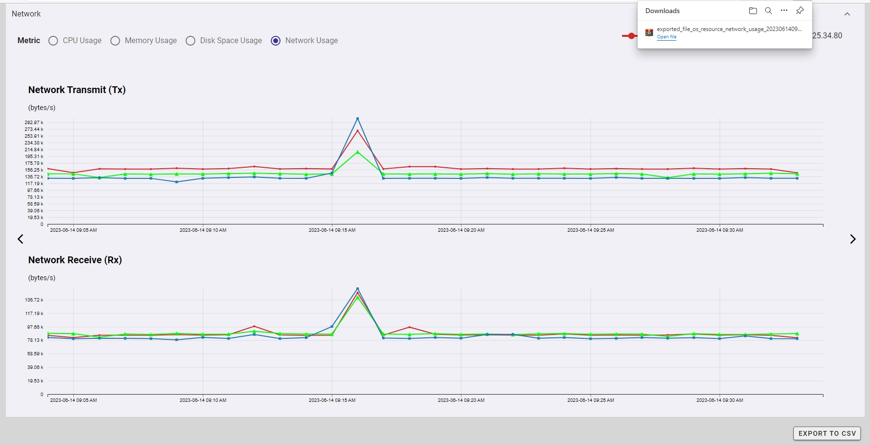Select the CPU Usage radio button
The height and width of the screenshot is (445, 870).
click(53, 41)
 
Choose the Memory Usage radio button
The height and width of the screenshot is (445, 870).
click(115, 41)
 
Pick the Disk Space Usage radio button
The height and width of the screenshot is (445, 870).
click(191, 41)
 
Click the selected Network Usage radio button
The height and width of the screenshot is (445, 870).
click(276, 41)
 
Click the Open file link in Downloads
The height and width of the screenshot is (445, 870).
click(666, 37)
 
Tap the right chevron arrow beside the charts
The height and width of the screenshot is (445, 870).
click(853, 239)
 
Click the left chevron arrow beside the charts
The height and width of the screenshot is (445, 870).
click(20, 239)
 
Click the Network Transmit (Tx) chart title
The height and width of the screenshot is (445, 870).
click(77, 90)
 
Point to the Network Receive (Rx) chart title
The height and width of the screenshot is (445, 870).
click(75, 260)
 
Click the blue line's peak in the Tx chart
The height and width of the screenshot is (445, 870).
click(358, 119)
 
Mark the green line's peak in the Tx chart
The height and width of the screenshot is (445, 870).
click(358, 152)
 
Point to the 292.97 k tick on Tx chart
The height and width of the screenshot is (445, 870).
click(34, 123)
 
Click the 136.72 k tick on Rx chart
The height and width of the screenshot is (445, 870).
click(34, 300)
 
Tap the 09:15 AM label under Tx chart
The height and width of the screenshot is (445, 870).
click(332, 230)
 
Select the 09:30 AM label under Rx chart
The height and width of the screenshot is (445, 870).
click(720, 400)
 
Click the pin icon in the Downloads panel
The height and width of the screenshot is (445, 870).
click(800, 11)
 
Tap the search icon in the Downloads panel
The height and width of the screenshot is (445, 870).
click(769, 11)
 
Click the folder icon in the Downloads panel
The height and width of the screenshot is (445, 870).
click(753, 11)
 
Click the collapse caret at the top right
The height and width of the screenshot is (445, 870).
click(847, 14)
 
